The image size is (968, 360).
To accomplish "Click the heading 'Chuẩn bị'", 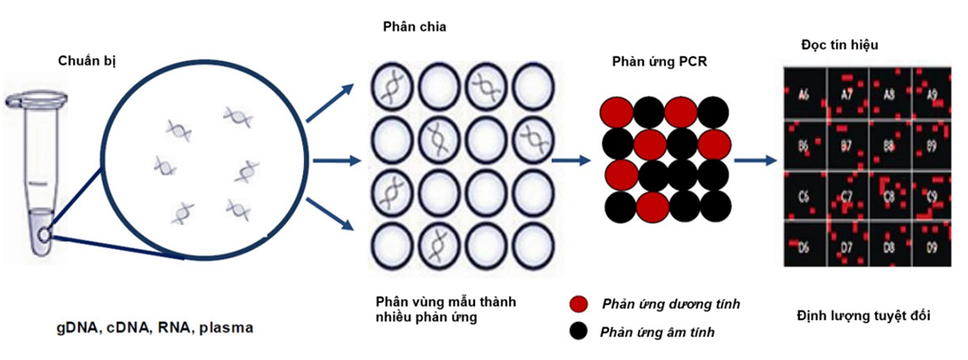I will click(90, 62).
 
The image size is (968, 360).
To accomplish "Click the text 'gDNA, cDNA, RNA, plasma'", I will click(154, 329).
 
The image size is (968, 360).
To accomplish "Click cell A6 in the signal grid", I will click(804, 95).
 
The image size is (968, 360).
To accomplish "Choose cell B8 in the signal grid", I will click(889, 147).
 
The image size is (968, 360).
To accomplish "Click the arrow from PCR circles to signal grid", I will click(756, 161).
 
